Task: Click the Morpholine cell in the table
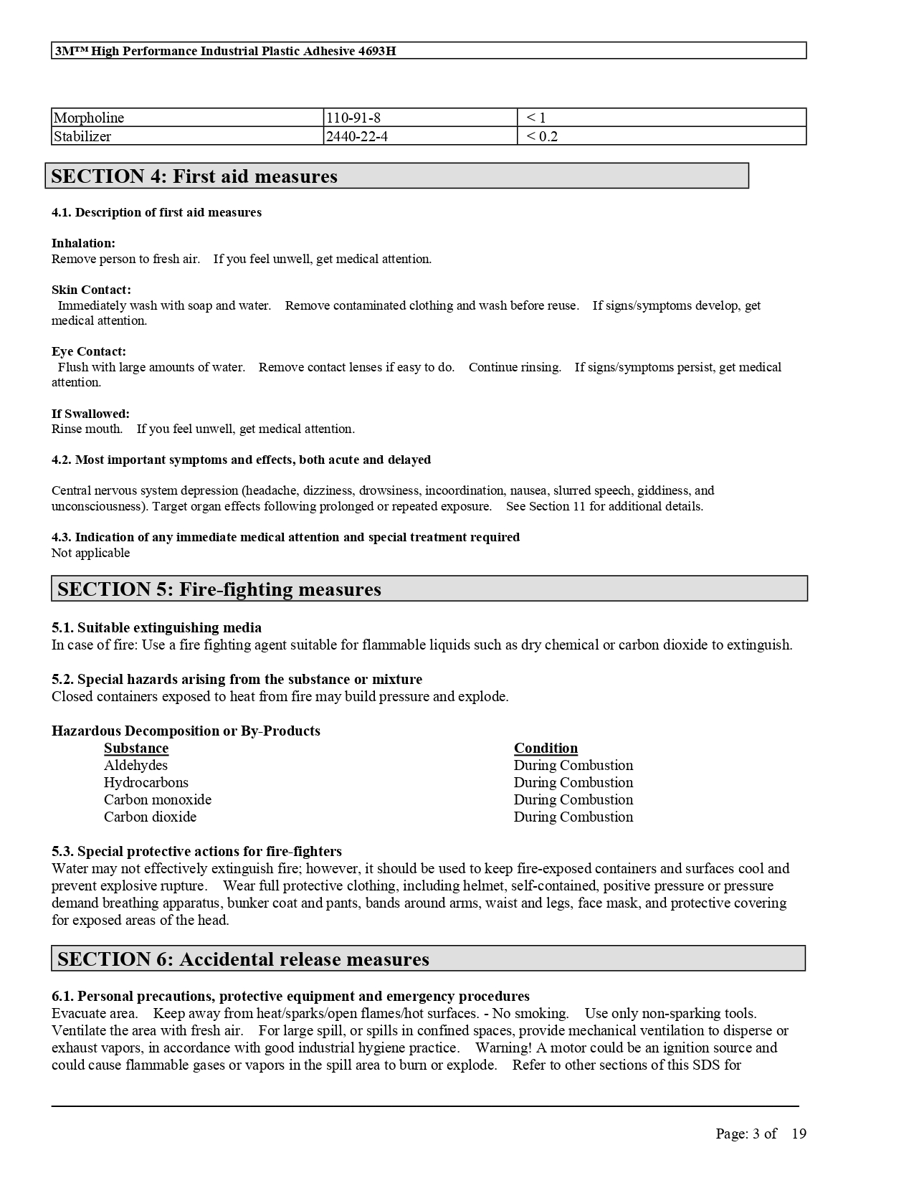[89, 118]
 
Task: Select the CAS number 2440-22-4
[357, 136]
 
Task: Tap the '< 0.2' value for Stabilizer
[542, 136]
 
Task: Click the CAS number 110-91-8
[353, 118]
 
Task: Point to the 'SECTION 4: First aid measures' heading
[194, 176]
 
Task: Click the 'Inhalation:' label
[83, 243]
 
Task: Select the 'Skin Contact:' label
[91, 290]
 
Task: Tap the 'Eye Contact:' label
[89, 351]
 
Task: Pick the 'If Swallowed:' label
[90, 414]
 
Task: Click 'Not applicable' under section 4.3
[91, 553]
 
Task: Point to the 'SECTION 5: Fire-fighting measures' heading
[219, 589]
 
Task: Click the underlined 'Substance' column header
[136, 749]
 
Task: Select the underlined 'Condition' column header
[546, 749]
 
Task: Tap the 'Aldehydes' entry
[135, 766]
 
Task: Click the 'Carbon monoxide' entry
[158, 800]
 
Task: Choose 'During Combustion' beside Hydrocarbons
[573, 783]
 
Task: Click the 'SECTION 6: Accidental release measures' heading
[243, 959]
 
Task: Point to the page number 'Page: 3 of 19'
[761, 1134]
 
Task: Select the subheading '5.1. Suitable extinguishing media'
[156, 628]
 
